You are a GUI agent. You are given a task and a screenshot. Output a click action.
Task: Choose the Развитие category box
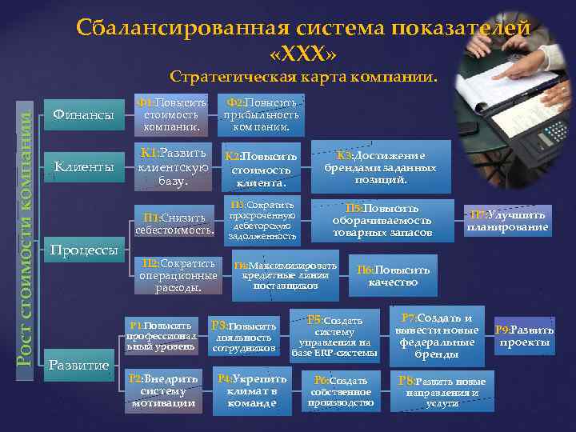click(x=79, y=365)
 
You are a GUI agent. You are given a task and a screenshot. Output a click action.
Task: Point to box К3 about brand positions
click(x=381, y=167)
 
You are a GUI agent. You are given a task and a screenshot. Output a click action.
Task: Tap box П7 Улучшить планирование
click(x=508, y=221)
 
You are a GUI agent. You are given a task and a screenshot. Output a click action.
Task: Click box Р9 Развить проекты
click(x=524, y=337)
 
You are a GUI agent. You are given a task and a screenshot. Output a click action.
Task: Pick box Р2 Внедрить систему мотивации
click(x=163, y=391)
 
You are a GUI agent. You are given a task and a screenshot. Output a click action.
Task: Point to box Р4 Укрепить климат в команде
click(x=252, y=391)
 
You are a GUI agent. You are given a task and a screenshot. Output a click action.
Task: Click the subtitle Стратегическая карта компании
click(x=305, y=78)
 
